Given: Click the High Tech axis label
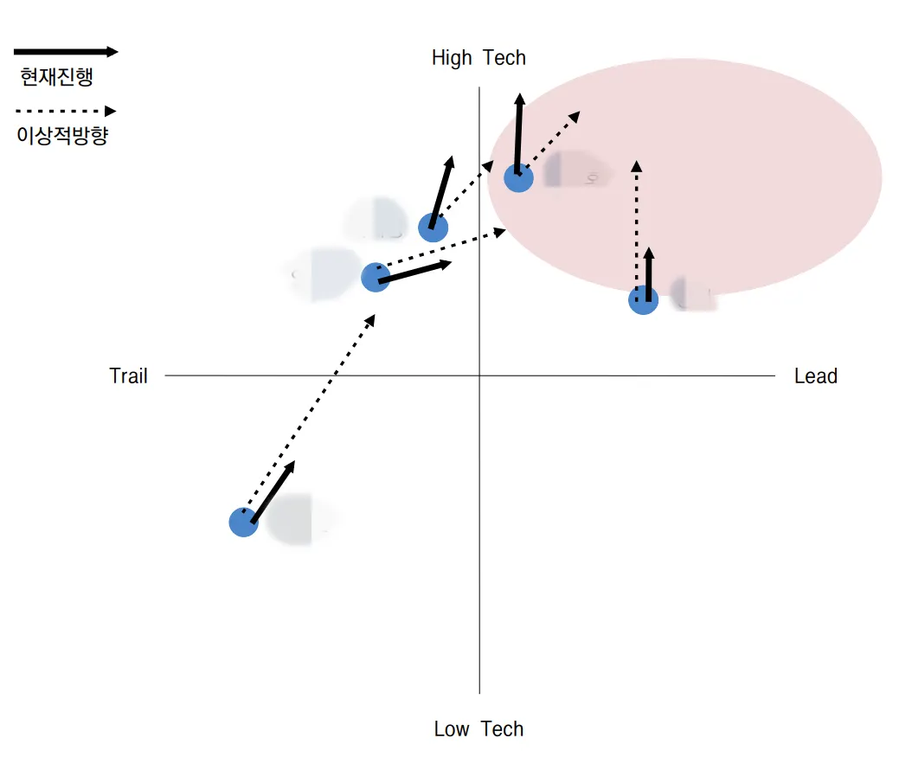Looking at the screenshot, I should tap(478, 58).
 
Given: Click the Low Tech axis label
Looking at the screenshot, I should tap(478, 729).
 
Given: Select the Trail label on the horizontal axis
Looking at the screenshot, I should tap(128, 376).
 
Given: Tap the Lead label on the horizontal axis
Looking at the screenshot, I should tap(815, 376).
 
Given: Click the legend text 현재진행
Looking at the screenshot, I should tap(56, 77).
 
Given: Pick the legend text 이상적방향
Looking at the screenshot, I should tap(62, 136).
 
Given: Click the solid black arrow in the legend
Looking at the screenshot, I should tap(66, 52).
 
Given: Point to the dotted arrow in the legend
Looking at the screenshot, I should tap(66, 111).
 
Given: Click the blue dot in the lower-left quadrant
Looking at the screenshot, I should tap(244, 522).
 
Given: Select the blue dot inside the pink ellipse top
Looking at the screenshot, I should tap(518, 177).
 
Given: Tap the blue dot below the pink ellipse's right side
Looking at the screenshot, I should tap(643, 300).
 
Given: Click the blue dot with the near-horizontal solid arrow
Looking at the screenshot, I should tap(375, 278).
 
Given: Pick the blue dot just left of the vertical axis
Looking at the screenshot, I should tap(433, 228).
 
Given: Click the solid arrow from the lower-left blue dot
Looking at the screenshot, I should tap(273, 492).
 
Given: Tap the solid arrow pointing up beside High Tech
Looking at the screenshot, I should tap(518, 134).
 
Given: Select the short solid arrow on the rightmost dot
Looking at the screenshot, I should tap(649, 274).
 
